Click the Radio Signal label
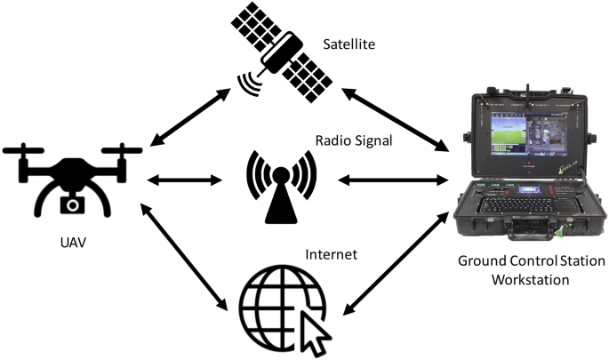click(x=354, y=141)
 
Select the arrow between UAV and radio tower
click(x=183, y=181)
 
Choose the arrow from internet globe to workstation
click(x=395, y=263)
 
